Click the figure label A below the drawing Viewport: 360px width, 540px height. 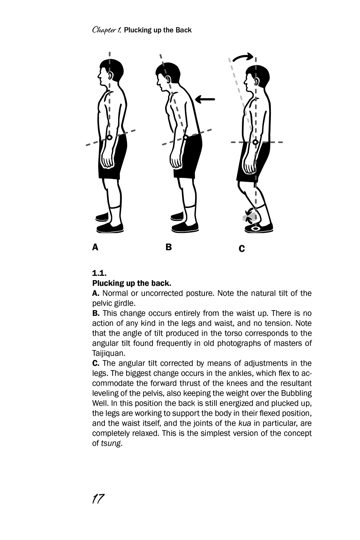[95, 247]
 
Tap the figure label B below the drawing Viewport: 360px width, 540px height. [169, 247]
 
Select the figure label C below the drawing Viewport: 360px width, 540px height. [242, 248]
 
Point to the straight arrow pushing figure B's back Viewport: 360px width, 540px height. [205, 99]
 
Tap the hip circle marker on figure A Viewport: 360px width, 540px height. [110, 138]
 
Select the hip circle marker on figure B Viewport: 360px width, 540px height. [185, 137]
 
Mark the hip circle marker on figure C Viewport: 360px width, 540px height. [255, 142]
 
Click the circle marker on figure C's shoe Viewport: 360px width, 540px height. [256, 228]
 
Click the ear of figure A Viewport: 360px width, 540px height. [111, 76]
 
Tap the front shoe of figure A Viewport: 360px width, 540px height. [110, 227]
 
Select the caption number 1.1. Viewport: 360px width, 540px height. [99, 273]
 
